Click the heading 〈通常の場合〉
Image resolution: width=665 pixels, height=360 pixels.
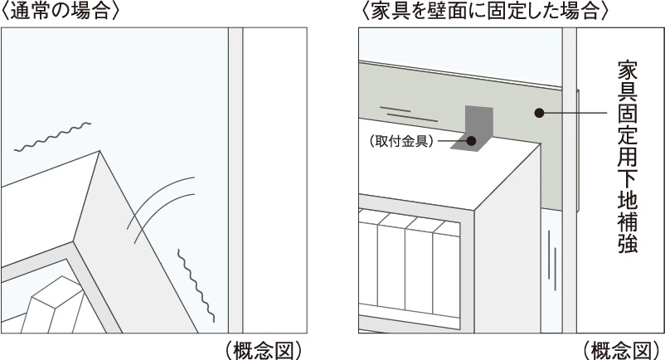pyautogui.click(x=61, y=12)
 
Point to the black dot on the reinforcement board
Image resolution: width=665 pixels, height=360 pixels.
pyautogui.click(x=539, y=113)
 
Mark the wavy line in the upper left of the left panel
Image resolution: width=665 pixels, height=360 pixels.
pyautogui.click(x=51, y=139)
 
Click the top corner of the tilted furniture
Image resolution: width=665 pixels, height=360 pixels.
pyautogui.click(x=100, y=153)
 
